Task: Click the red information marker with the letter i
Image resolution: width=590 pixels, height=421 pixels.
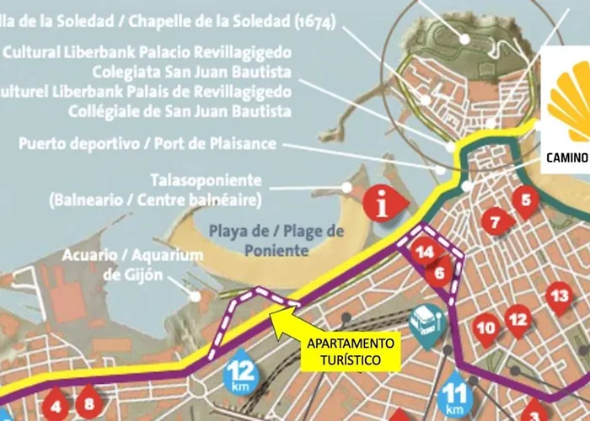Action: click(383, 203)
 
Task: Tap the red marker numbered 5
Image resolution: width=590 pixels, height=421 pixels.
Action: click(526, 202)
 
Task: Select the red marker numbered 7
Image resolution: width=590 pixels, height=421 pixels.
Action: click(496, 223)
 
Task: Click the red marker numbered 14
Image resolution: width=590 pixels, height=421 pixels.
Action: click(426, 251)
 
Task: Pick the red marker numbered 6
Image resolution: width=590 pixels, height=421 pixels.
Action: click(439, 273)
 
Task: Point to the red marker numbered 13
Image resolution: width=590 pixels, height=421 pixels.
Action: click(559, 296)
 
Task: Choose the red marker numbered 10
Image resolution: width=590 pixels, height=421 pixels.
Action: click(485, 328)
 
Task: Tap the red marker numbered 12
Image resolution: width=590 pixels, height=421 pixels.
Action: click(518, 320)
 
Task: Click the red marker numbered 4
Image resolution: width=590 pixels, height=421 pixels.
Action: click(56, 405)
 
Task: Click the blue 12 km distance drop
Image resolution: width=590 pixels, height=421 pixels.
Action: click(240, 370)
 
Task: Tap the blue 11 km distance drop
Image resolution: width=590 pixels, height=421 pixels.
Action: click(455, 392)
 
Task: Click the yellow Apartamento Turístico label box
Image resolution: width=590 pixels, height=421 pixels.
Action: click(350, 351)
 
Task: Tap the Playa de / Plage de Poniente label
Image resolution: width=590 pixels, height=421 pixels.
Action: click(277, 239)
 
